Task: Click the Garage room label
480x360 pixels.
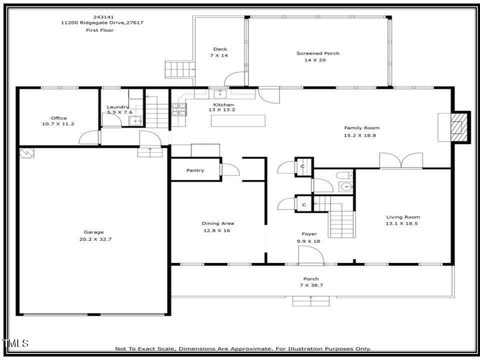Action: point(93,232)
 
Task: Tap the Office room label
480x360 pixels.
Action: point(58,118)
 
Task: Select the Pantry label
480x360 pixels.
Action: point(195,170)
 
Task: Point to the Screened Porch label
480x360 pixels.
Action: point(317,53)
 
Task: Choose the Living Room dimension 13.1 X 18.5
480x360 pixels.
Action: point(403,223)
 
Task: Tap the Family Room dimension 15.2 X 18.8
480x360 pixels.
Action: point(361,135)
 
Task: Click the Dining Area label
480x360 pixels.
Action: point(217,223)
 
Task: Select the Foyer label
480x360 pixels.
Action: point(309,234)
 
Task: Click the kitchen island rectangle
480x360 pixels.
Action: point(238,120)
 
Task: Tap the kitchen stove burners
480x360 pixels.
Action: point(178,109)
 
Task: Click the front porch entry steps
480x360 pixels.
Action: point(311,300)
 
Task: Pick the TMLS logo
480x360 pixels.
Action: point(15,343)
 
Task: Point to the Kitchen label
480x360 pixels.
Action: point(220,104)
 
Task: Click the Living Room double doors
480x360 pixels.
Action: point(401,161)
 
